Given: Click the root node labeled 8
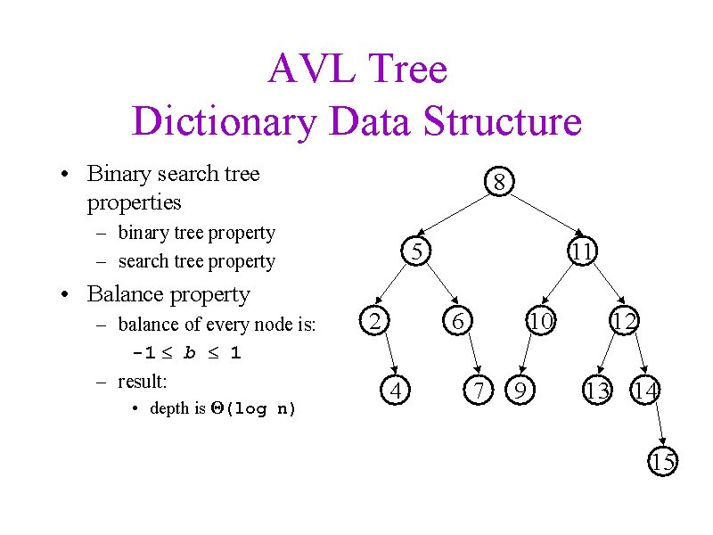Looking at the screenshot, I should coord(500,183).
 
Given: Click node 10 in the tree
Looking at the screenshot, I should coord(540,320).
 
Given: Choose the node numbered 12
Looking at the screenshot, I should coord(623,320).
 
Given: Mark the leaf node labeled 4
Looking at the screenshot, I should coord(398,390).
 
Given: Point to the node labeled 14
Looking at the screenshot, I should coord(644,390).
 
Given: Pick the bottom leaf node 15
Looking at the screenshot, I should coord(662,462).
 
